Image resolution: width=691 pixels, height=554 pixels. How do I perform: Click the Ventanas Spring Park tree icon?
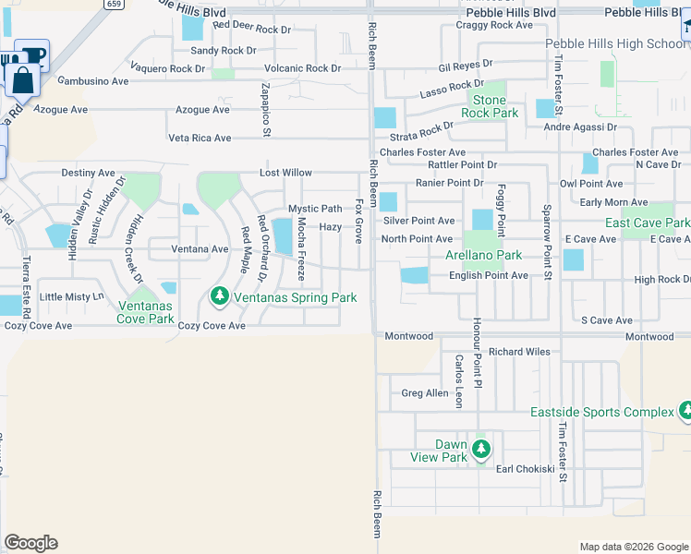219,296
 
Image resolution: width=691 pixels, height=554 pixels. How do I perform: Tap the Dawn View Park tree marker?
480,450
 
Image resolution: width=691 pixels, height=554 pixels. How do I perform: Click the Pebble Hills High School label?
615,43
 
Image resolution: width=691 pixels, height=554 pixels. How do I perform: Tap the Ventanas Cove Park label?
146,312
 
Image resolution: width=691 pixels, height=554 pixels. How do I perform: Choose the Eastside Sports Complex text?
601,412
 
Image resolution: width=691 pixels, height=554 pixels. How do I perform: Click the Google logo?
30,543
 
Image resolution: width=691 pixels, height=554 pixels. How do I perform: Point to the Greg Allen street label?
425,393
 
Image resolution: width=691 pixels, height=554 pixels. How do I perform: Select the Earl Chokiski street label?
525,469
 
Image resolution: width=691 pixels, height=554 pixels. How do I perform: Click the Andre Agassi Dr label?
579,126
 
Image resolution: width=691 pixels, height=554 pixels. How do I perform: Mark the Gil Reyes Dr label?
466,66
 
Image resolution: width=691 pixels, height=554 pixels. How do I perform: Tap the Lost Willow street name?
285,173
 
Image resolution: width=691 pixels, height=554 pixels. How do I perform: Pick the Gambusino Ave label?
93,81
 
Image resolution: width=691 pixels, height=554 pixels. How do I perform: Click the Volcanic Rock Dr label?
303,68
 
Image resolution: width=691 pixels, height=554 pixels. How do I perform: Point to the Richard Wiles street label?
519,352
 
